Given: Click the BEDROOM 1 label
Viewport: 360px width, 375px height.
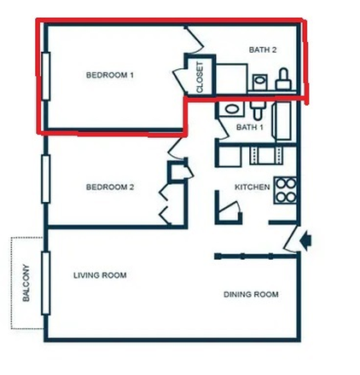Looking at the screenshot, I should tap(110, 75).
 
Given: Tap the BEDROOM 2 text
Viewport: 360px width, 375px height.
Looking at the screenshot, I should tap(110, 187).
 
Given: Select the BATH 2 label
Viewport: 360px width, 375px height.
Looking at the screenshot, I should tap(263, 50).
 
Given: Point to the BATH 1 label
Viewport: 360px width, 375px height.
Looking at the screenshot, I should tap(250, 128).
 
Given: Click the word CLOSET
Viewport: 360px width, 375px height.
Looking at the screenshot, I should tap(200, 77).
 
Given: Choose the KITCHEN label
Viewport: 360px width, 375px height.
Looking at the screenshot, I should tap(253, 187).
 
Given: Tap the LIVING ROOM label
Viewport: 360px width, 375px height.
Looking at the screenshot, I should tap(100, 275).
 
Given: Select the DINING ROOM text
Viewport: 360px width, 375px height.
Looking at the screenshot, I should tap(251, 295).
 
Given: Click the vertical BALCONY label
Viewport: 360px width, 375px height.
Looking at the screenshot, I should tap(25, 282).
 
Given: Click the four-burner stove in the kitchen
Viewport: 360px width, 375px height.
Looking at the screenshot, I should tap(285, 188).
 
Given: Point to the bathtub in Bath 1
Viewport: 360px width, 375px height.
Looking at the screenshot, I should tap(284, 120).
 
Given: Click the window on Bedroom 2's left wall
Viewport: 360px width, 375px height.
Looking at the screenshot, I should tap(44, 178).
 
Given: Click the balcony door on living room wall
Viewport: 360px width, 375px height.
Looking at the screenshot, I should tap(44, 282).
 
